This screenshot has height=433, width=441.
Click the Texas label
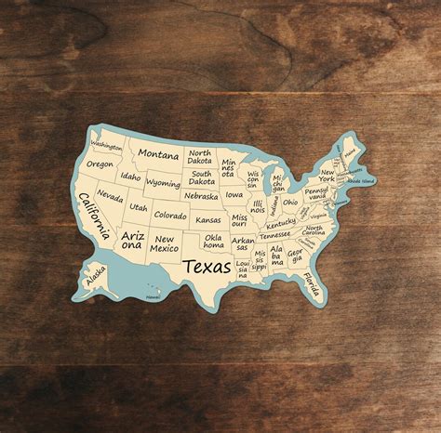click(x=208, y=267)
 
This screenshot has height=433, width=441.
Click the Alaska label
click(x=95, y=277)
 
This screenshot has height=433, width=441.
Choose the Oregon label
click(x=100, y=164)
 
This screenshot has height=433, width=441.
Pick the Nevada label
click(x=110, y=197)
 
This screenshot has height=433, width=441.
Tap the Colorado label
click(x=169, y=215)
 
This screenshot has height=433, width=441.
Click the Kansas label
click(x=208, y=220)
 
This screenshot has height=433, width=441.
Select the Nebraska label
click(x=201, y=196)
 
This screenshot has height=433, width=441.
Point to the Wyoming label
click(x=163, y=183)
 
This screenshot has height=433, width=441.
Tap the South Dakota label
click(x=202, y=177)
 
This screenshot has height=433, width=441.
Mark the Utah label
click(x=139, y=208)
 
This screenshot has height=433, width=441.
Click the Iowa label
click(x=234, y=195)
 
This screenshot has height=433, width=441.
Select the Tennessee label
click(x=275, y=235)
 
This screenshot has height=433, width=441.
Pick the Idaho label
click(x=131, y=177)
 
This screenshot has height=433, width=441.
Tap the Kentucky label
click(x=280, y=223)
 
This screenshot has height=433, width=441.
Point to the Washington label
click(x=107, y=146)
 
